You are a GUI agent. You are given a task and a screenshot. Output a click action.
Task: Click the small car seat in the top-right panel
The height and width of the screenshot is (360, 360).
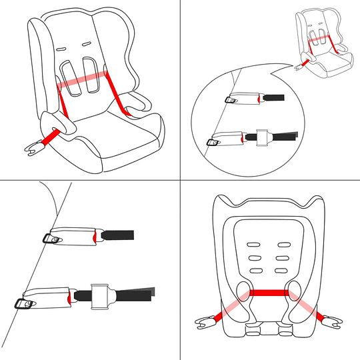(x=324, y=43)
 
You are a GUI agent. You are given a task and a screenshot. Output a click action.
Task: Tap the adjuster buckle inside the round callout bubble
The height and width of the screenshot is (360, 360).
(x=262, y=137)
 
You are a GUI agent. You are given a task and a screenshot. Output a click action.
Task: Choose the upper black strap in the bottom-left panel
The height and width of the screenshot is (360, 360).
(x=118, y=235)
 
